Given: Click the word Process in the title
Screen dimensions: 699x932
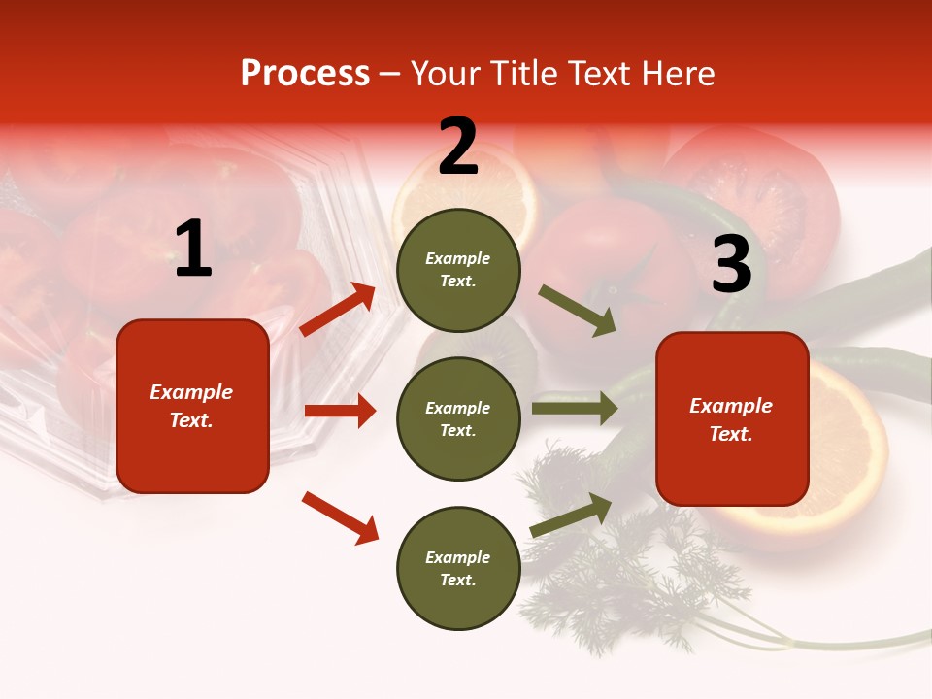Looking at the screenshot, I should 305,74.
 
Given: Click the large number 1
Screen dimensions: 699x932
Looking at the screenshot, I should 193,250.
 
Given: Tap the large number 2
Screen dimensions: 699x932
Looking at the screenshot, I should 458,148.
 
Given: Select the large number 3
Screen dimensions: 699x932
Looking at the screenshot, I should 731,265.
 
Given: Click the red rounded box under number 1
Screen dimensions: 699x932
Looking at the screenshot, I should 192,406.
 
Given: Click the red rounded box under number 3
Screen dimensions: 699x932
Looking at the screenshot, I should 732,419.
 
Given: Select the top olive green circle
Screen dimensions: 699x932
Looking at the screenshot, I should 458,270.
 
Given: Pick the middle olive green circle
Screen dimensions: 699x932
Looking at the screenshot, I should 458,418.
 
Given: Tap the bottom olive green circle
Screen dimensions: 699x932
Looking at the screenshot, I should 458,568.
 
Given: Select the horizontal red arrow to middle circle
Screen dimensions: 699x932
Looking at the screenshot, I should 340,411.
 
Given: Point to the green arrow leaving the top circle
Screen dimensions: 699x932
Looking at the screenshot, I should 578,311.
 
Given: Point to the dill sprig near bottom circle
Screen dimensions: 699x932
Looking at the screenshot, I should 621,573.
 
